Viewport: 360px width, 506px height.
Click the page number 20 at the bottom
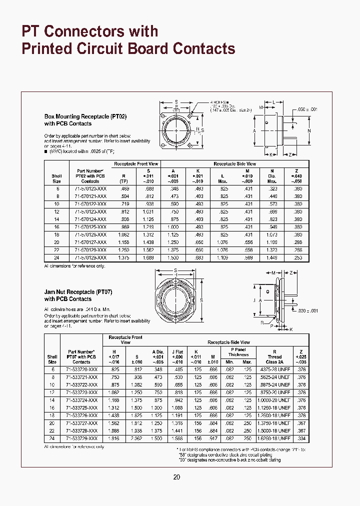pyautogui.click(x=176, y=477)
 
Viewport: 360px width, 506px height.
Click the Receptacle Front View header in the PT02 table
pyautogui.click(x=136, y=163)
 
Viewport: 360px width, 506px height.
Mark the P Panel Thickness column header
pyautogui.click(x=238, y=352)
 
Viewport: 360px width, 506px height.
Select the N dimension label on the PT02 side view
pyautogui.click(x=309, y=131)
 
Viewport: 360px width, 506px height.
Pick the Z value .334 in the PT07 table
pyautogui.click(x=300, y=438)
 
